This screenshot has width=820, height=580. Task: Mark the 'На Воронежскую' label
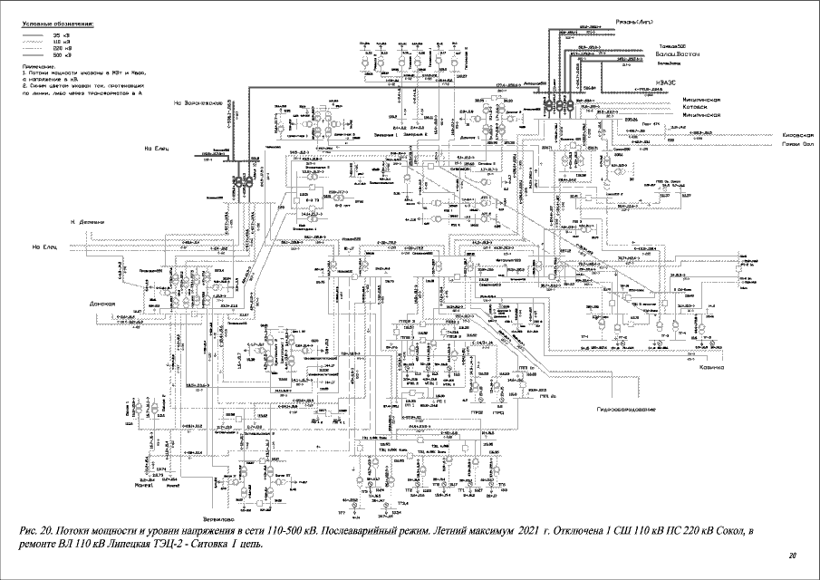click(198, 102)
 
